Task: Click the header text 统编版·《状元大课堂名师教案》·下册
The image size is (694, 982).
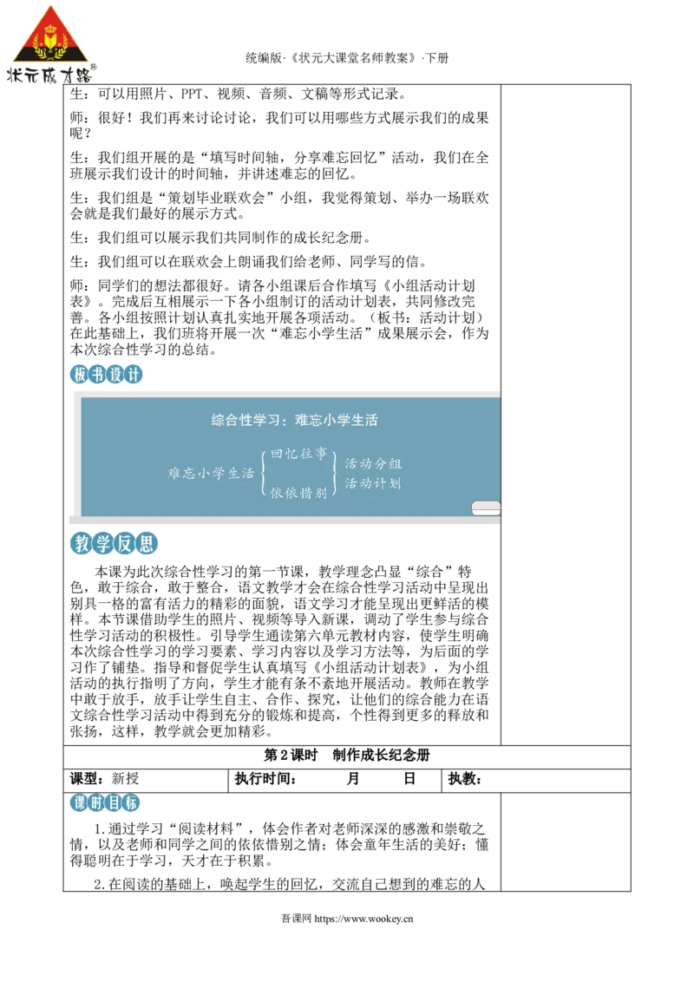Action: pyautogui.click(x=347, y=58)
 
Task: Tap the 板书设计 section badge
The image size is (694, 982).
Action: pyautogui.click(x=107, y=375)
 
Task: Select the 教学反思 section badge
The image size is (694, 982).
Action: pyautogui.click(x=114, y=543)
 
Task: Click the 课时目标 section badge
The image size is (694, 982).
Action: pyautogui.click(x=105, y=802)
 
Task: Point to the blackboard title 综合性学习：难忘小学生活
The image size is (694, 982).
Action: pyautogui.click(x=294, y=420)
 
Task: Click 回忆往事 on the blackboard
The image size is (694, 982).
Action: pyautogui.click(x=298, y=454)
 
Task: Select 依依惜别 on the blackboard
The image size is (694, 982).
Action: pyautogui.click(x=298, y=494)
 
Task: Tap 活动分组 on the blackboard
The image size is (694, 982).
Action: pyautogui.click(x=373, y=463)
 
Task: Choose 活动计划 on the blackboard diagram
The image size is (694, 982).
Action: pyautogui.click(x=373, y=483)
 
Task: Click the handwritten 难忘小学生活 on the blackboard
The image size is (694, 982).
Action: pyautogui.click(x=211, y=473)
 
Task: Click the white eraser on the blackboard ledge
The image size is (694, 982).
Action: pyautogui.click(x=486, y=507)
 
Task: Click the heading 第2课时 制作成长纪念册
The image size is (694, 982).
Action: pyautogui.click(x=347, y=756)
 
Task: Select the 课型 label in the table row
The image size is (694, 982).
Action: pyautogui.click(x=87, y=778)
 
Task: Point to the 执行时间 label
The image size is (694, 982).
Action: pyautogui.click(x=265, y=778)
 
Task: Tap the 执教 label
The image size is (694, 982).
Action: pyautogui.click(x=465, y=778)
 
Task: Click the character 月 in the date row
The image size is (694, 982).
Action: pyautogui.click(x=353, y=778)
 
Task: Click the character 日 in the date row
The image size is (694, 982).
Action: pyautogui.click(x=409, y=778)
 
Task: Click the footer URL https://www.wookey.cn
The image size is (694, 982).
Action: pyautogui.click(x=363, y=919)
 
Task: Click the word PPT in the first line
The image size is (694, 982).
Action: pyautogui.click(x=192, y=94)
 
